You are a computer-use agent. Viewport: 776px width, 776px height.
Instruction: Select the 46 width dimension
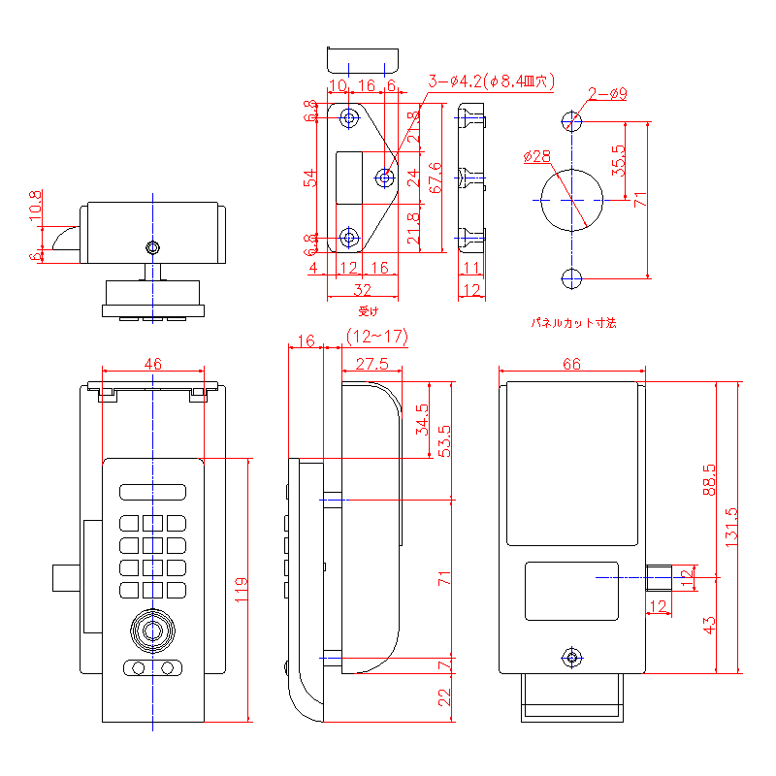pos(153,363)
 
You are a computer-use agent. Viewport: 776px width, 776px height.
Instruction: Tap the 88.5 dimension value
pos(709,479)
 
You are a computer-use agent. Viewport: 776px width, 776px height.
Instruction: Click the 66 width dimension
pos(571,364)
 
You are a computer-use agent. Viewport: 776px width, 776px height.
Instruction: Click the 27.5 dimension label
pos(372,364)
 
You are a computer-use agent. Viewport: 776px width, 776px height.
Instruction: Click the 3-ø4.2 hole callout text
pos(489,81)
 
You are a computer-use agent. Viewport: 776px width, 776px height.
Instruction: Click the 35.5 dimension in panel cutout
pos(619,159)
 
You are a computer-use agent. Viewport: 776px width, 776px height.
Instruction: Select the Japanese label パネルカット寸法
pos(573,321)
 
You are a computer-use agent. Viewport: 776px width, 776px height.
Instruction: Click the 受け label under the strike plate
pos(367,311)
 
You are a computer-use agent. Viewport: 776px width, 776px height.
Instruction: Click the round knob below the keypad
pos(152,630)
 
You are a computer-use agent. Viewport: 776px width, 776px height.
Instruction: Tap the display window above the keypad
pos(152,492)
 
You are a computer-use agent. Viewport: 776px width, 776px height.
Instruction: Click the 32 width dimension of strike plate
pos(363,288)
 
